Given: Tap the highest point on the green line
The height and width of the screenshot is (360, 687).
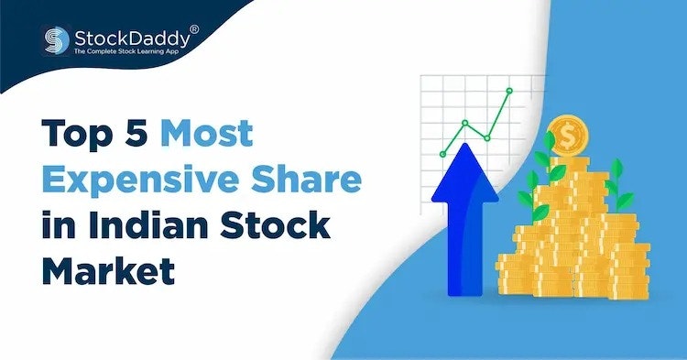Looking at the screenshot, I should (x=509, y=92).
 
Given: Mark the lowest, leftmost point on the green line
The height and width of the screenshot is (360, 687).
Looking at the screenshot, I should (x=443, y=153).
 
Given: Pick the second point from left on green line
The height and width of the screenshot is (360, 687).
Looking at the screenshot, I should (x=465, y=122).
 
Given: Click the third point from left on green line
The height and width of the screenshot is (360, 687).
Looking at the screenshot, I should (x=487, y=137).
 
